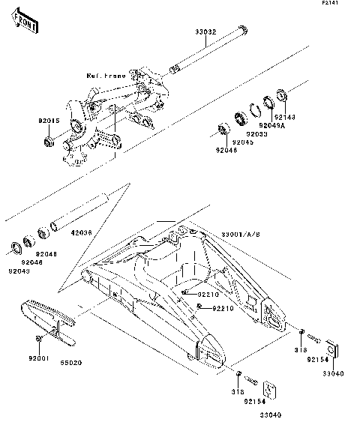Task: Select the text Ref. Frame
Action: coord(106,76)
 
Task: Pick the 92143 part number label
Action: coord(285,118)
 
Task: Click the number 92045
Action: coord(242,142)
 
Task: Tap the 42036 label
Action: coord(82,233)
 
